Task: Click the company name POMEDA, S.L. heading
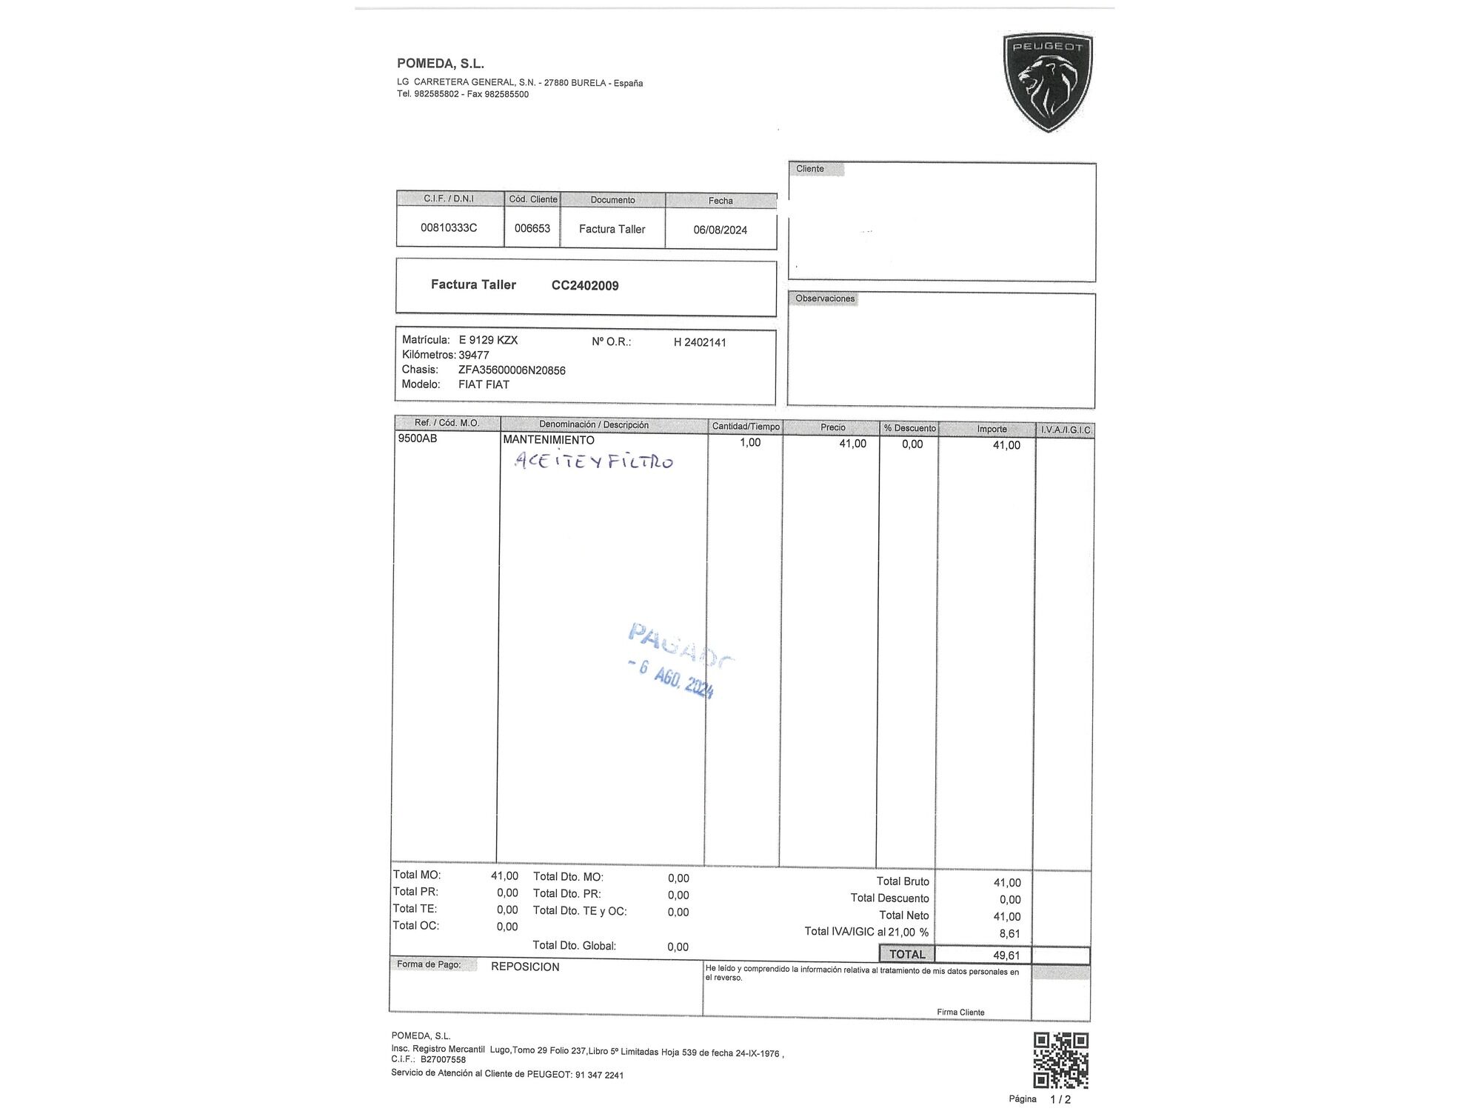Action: pos(441,64)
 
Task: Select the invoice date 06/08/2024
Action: pos(720,230)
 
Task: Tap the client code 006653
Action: pos(532,228)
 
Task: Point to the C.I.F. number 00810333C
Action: pos(449,227)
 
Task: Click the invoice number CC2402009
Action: pos(585,286)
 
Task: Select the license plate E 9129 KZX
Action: pos(488,340)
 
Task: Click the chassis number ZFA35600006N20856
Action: pos(512,370)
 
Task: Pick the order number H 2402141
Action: pos(700,342)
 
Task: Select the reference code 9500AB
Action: pos(418,438)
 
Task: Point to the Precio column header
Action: pos(832,427)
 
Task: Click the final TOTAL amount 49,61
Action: pos(1006,955)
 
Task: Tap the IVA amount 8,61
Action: pos(1009,934)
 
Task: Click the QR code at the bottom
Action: pos(1060,1060)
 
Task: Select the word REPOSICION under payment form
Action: pos(525,967)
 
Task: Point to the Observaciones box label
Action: pos(825,298)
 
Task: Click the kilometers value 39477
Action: pos(474,356)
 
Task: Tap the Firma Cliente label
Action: pos(960,1012)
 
